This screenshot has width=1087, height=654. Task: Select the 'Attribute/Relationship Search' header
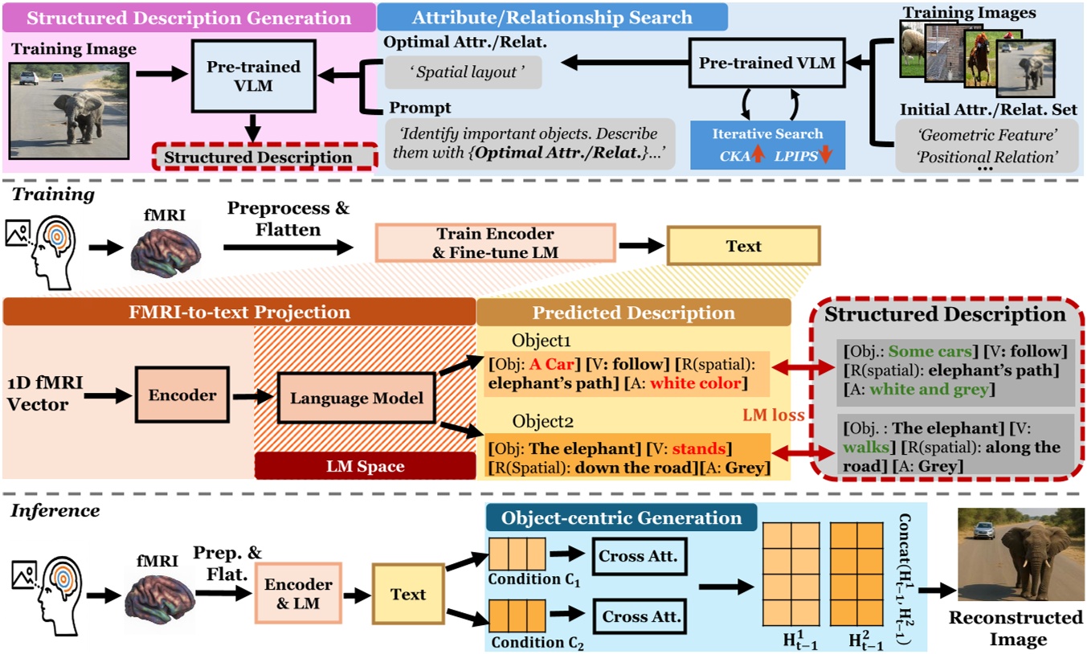552,17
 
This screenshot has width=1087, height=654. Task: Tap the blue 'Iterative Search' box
767,142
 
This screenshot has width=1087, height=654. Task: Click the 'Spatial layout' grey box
463,72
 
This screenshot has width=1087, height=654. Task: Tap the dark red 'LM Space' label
365,466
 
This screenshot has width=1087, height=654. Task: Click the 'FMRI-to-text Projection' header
239,313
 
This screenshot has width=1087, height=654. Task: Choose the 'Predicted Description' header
634,313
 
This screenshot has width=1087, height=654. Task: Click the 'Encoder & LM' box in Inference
293,595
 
